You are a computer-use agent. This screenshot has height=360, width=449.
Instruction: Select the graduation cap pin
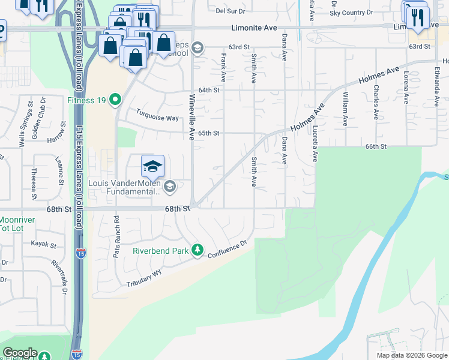click(152, 166)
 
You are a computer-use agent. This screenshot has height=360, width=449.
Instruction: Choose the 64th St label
click(209, 90)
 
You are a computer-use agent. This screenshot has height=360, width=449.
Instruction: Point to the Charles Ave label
click(376, 95)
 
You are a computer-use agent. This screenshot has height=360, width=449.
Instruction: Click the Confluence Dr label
click(228, 250)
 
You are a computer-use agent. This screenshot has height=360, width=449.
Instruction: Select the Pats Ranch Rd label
click(116, 237)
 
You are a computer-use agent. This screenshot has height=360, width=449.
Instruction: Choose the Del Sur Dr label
click(228, 11)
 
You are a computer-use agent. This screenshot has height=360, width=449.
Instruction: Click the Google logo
click(20, 353)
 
